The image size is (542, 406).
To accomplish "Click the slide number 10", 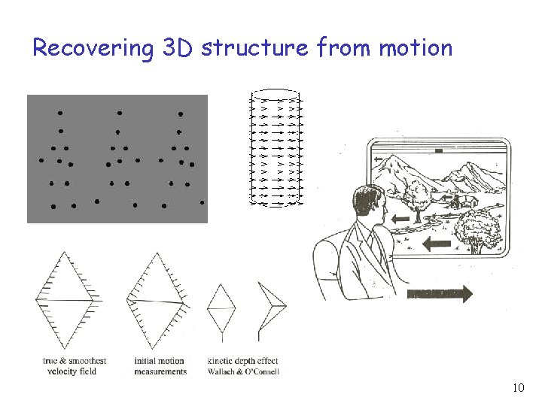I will [518, 388].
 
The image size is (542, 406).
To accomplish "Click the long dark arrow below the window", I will [439, 293].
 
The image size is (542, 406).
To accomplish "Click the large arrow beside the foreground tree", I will [437, 244].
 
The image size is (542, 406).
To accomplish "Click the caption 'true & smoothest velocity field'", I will [74, 366].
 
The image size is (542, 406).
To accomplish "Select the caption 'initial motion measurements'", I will [160, 366].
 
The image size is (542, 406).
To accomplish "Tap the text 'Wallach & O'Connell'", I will [242, 371].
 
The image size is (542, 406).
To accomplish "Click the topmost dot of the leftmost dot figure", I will [59, 113].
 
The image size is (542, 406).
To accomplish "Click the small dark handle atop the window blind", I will [437, 150].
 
